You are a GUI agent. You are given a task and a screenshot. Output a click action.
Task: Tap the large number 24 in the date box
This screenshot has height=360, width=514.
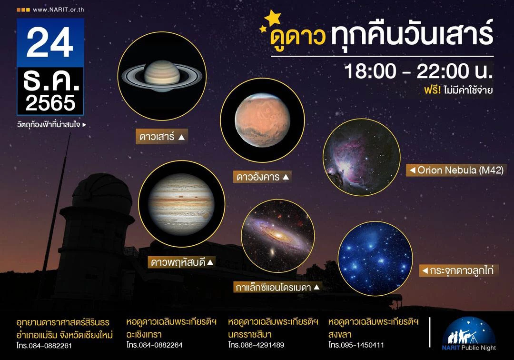pyautogui.click(x=50, y=43)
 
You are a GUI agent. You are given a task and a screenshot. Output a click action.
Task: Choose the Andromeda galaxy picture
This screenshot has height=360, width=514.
pyautogui.click(x=278, y=236)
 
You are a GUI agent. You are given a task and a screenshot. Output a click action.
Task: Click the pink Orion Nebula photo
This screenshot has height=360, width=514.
pyautogui.click(x=361, y=158)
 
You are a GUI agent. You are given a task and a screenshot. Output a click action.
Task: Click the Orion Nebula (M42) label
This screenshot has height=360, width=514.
pyautogui.click(x=455, y=170)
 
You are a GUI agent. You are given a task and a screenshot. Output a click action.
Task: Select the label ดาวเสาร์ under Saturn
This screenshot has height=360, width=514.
pyautogui.click(x=161, y=137)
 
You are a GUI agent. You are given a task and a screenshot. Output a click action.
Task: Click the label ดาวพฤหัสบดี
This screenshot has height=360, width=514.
pyautogui.click(x=182, y=261)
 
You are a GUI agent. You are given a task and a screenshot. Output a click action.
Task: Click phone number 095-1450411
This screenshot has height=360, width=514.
pyautogui.click(x=363, y=345)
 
